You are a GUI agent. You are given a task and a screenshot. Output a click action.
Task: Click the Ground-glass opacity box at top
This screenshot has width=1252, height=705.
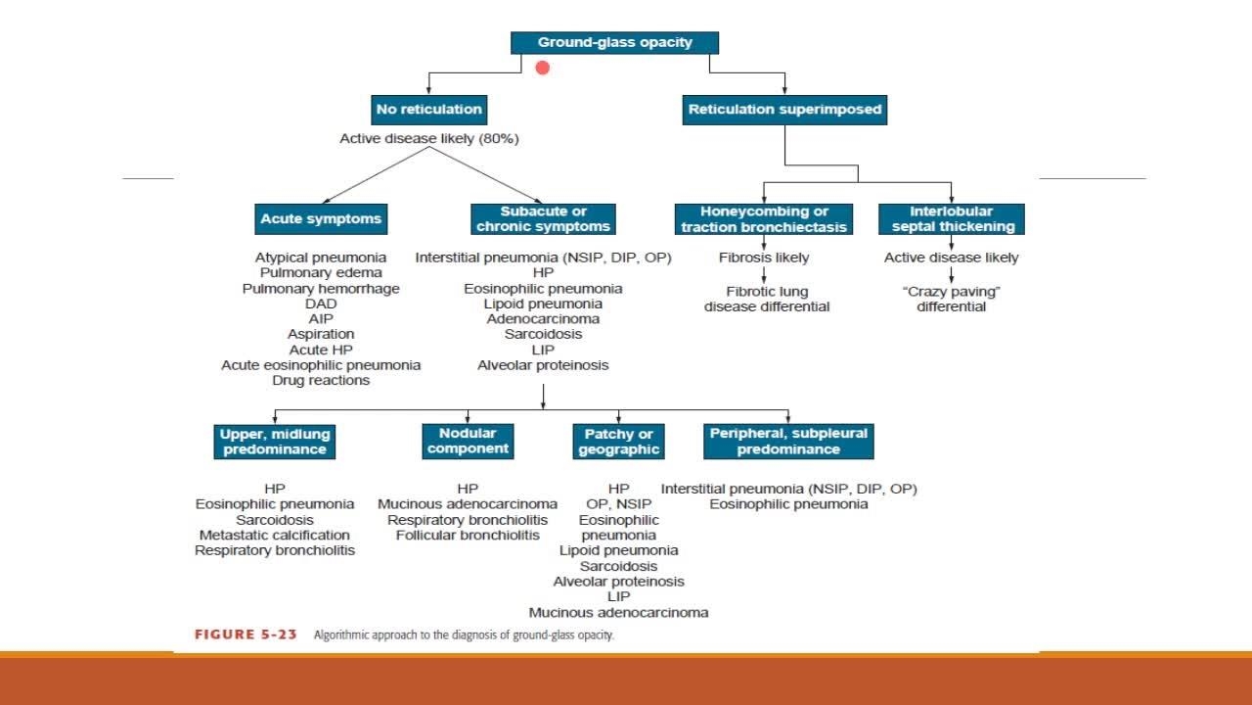click(x=614, y=43)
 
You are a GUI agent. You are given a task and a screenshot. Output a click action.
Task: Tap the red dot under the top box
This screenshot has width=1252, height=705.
click(x=543, y=68)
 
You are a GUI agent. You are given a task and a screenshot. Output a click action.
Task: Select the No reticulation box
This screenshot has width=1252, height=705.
click(x=428, y=109)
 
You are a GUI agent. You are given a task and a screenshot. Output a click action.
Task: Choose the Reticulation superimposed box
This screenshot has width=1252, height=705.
click(x=784, y=109)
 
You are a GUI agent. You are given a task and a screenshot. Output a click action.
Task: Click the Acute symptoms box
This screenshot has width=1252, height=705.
click(x=321, y=218)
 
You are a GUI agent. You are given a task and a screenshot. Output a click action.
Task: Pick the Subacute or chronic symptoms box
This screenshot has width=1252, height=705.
click(x=543, y=218)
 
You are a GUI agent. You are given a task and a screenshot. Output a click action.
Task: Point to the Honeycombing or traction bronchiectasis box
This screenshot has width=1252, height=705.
click(x=763, y=218)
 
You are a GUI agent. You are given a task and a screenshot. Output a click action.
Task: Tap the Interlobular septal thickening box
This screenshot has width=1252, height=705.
click(x=951, y=218)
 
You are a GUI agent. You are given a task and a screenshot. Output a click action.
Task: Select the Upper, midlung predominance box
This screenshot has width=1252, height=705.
click(x=275, y=441)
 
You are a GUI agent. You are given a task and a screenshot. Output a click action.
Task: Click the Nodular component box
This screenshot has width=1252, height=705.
click(x=468, y=441)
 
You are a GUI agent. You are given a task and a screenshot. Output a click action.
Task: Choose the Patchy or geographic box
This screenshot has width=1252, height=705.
click(x=619, y=441)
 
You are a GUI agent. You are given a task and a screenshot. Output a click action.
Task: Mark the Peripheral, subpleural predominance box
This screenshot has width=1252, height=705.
click(x=788, y=441)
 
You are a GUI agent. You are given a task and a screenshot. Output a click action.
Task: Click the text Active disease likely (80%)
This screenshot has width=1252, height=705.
click(x=428, y=139)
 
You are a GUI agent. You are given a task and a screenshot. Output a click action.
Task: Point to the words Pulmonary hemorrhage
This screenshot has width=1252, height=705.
click(x=321, y=289)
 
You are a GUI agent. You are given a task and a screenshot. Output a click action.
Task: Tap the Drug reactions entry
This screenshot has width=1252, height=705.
click(x=321, y=380)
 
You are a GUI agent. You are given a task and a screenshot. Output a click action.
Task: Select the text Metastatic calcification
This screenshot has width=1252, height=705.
click(x=275, y=535)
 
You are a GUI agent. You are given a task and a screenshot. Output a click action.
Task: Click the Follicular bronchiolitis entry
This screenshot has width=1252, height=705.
click(x=468, y=535)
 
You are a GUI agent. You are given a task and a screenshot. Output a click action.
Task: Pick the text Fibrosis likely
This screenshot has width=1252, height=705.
click(x=763, y=258)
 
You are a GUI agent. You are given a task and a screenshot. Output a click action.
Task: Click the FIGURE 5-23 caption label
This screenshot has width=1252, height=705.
click(x=246, y=634)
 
